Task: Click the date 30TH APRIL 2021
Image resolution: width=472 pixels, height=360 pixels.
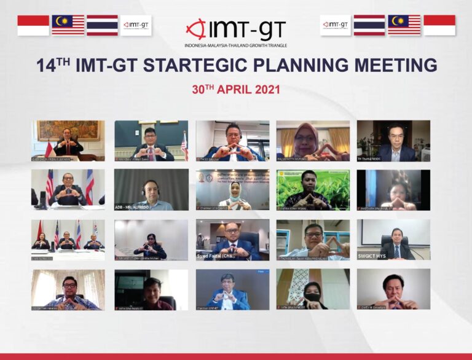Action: click(x=236, y=89)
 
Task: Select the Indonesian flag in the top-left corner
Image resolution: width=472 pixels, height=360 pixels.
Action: click(x=33, y=25)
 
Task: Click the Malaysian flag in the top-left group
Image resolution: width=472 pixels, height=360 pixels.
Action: click(x=68, y=25)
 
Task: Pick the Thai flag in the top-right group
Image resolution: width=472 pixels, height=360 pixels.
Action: click(x=369, y=25)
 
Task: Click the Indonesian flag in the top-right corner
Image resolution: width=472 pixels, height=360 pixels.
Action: click(x=439, y=25)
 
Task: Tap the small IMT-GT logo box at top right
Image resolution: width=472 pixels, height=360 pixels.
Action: click(x=336, y=25)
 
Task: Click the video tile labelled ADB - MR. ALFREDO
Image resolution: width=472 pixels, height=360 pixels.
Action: click(x=151, y=190)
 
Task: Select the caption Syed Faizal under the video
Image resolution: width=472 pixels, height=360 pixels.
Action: click(x=214, y=255)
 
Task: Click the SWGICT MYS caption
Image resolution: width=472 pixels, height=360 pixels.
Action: click(x=376, y=256)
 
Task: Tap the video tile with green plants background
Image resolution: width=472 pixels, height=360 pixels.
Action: click(x=313, y=190)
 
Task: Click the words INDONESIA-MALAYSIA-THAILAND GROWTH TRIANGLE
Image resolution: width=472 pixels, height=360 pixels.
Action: click(x=236, y=45)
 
